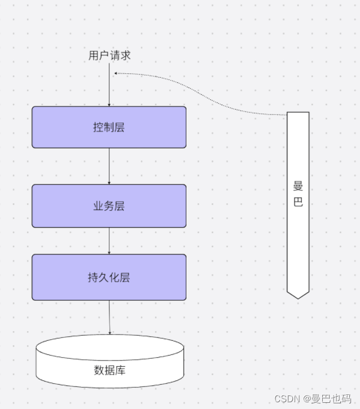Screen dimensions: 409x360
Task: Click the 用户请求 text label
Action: [x=109, y=55]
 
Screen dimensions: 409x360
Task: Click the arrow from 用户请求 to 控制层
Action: [x=109, y=85]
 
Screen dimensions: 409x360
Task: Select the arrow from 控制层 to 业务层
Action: [x=109, y=166]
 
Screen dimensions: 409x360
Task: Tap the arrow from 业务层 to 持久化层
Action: [x=109, y=241]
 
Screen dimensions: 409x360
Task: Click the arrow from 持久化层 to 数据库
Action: [x=109, y=317]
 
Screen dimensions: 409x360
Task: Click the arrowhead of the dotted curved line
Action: [x=115, y=73]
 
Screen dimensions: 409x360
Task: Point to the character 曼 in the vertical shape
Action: [x=298, y=186]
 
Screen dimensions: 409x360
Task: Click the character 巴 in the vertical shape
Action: [x=298, y=202]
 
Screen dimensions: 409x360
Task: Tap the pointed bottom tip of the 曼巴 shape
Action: [x=298, y=296]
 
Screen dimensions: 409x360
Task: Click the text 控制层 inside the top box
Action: [x=109, y=127]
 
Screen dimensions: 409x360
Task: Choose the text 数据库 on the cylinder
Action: [x=109, y=370]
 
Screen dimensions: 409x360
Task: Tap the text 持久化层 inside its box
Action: [x=109, y=277]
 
